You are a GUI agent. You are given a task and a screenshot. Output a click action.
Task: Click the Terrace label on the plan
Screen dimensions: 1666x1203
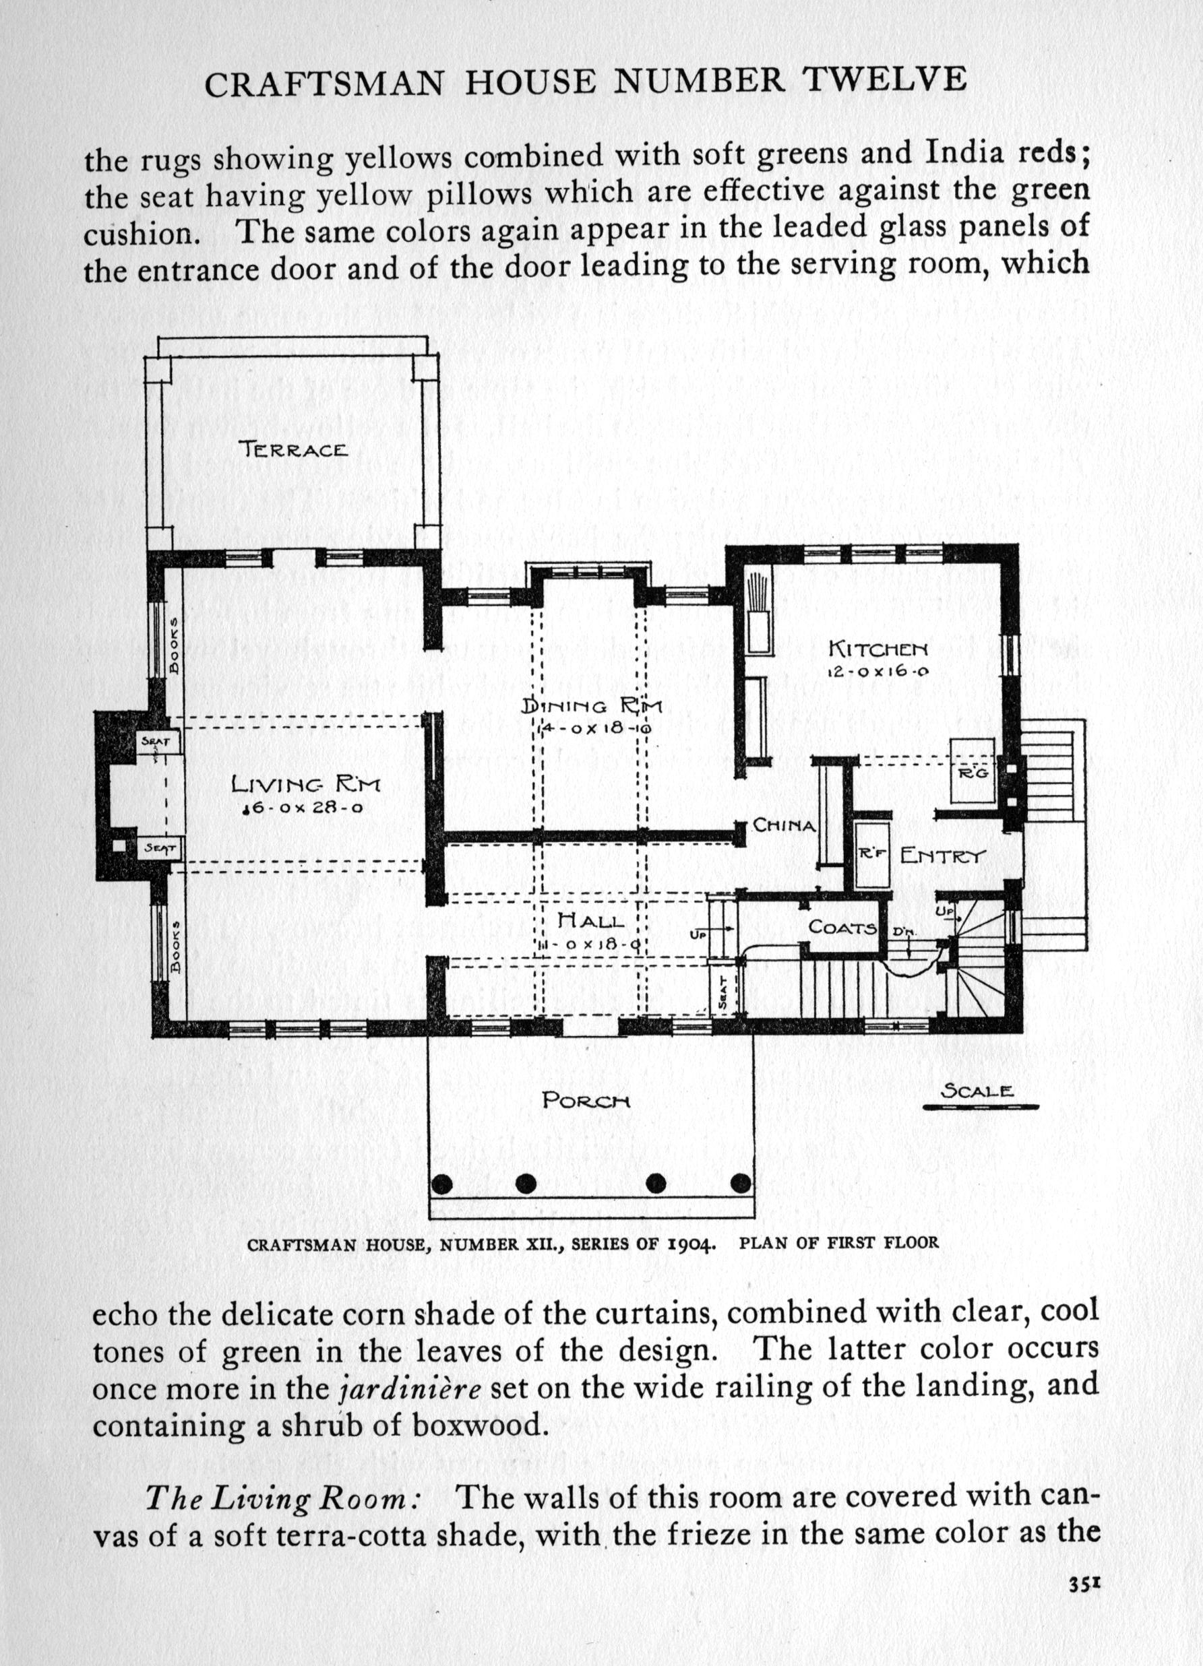(292, 448)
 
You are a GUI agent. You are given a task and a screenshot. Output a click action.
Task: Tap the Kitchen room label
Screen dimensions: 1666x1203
(879, 649)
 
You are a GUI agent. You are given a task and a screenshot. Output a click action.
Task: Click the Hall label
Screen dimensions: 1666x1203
(591, 920)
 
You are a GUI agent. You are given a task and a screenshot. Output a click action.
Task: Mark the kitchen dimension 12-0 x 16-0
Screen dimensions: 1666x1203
(879, 672)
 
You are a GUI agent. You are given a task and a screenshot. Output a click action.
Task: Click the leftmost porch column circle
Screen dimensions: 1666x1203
(441, 1184)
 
